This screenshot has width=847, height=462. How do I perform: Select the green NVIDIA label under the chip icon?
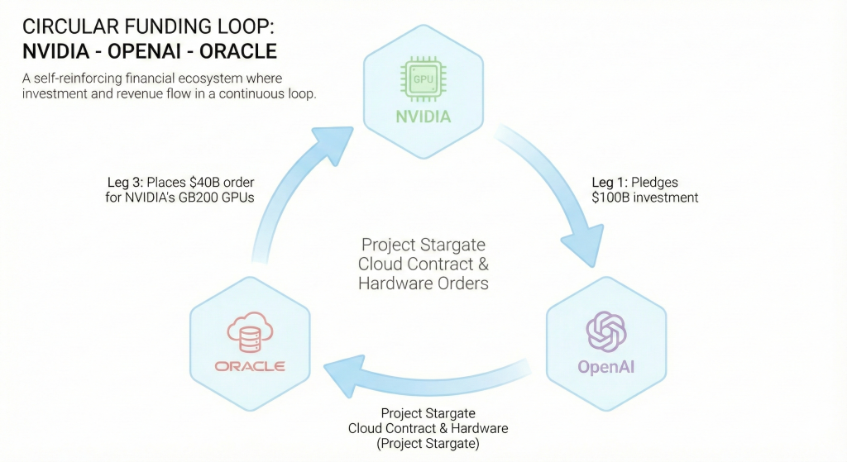(x=423, y=116)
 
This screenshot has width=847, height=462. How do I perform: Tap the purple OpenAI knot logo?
(x=606, y=331)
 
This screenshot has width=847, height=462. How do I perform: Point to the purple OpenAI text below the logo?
(x=606, y=367)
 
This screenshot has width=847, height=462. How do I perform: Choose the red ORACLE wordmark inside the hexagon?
(x=250, y=366)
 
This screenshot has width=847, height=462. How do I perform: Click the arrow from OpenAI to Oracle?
(x=430, y=372)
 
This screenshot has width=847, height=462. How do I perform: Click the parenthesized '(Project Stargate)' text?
(x=427, y=444)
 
